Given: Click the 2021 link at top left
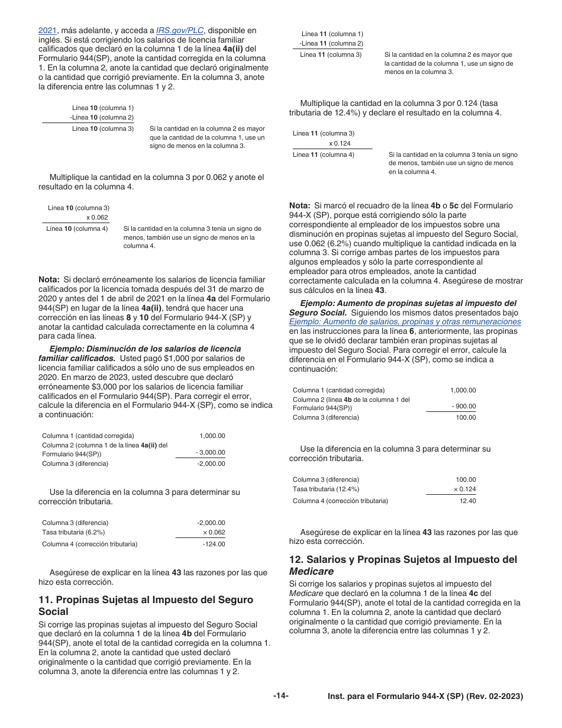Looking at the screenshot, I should coord(47,30).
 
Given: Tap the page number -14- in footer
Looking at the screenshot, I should coord(281,696).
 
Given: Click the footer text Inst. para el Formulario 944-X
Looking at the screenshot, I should coord(425,697).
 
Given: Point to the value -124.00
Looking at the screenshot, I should coord(214,544).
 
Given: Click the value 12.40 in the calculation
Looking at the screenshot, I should coord(467,501).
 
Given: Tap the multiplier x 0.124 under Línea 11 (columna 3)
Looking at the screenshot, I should coord(340,144).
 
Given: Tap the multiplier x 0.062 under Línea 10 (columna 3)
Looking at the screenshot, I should coord(97,217).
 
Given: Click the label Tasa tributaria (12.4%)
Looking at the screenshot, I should coord(325,489).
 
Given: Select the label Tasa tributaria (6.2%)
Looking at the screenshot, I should coord(73,532).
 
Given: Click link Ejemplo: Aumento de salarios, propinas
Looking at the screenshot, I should coord(405,322).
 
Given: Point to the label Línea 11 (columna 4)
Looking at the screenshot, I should coord(324,154).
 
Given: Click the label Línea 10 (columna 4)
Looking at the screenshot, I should coord(77,228).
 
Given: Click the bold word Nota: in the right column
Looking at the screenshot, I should coord(301,205).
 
